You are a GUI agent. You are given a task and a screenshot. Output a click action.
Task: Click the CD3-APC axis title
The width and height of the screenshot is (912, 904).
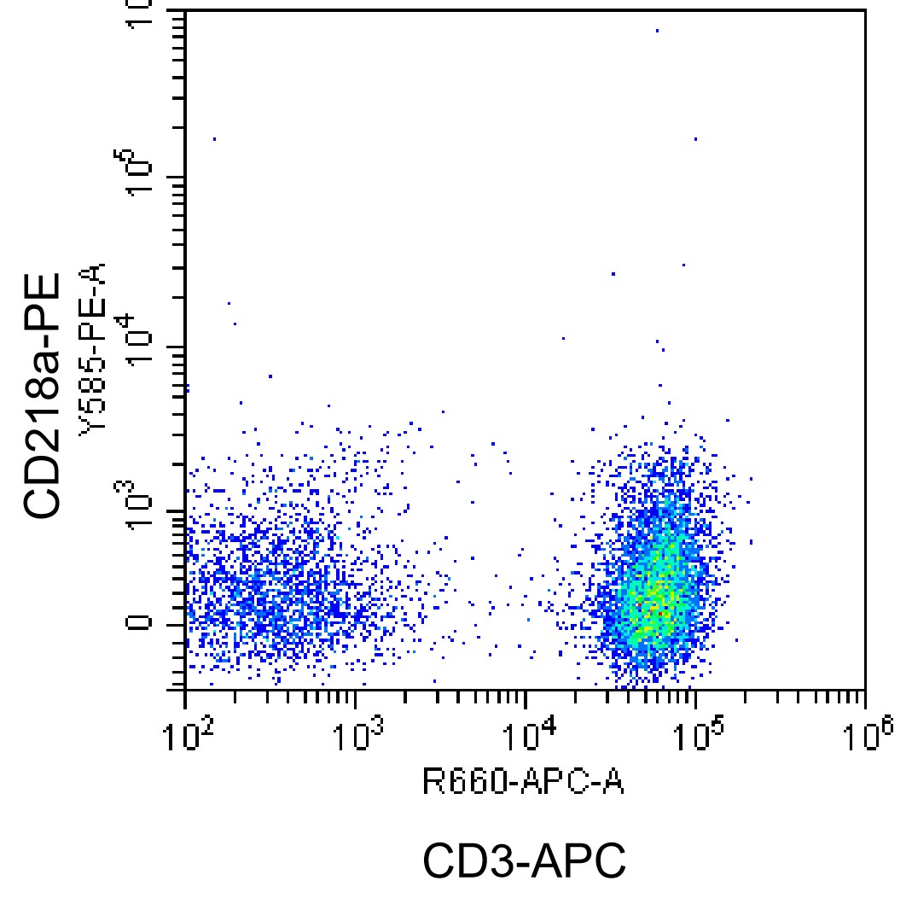tap(524, 861)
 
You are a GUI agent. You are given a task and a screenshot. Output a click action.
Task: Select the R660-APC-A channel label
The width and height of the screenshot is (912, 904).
tap(523, 781)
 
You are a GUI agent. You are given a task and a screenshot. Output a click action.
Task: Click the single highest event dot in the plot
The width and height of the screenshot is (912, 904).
tap(657, 31)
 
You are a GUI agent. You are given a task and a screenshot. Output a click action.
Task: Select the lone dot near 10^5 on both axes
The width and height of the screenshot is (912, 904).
tap(695, 138)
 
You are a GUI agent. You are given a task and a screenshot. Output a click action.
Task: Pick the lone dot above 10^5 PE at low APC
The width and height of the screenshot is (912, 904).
tap(214, 138)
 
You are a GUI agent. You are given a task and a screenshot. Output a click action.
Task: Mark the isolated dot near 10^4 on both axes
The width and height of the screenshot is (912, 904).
tap(563, 338)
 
